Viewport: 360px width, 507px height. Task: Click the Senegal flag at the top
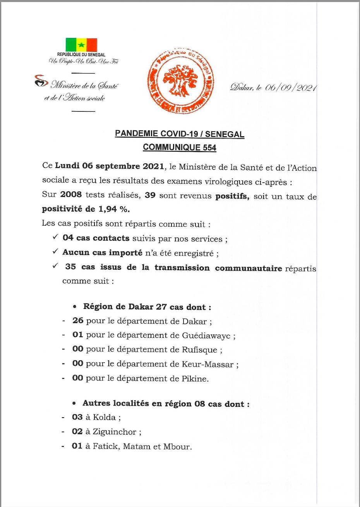81,45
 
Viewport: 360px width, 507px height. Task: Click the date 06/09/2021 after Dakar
291,87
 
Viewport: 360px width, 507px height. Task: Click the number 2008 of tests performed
71,195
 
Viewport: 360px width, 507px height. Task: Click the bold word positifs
232,196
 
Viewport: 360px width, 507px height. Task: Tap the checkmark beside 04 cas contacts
55,237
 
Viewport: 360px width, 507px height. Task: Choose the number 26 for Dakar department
78,321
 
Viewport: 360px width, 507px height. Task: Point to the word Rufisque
200,350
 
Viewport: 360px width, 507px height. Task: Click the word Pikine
195,379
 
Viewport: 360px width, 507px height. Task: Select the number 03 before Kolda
77,417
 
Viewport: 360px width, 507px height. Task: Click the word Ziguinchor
115,432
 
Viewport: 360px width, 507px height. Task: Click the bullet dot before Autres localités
74,404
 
